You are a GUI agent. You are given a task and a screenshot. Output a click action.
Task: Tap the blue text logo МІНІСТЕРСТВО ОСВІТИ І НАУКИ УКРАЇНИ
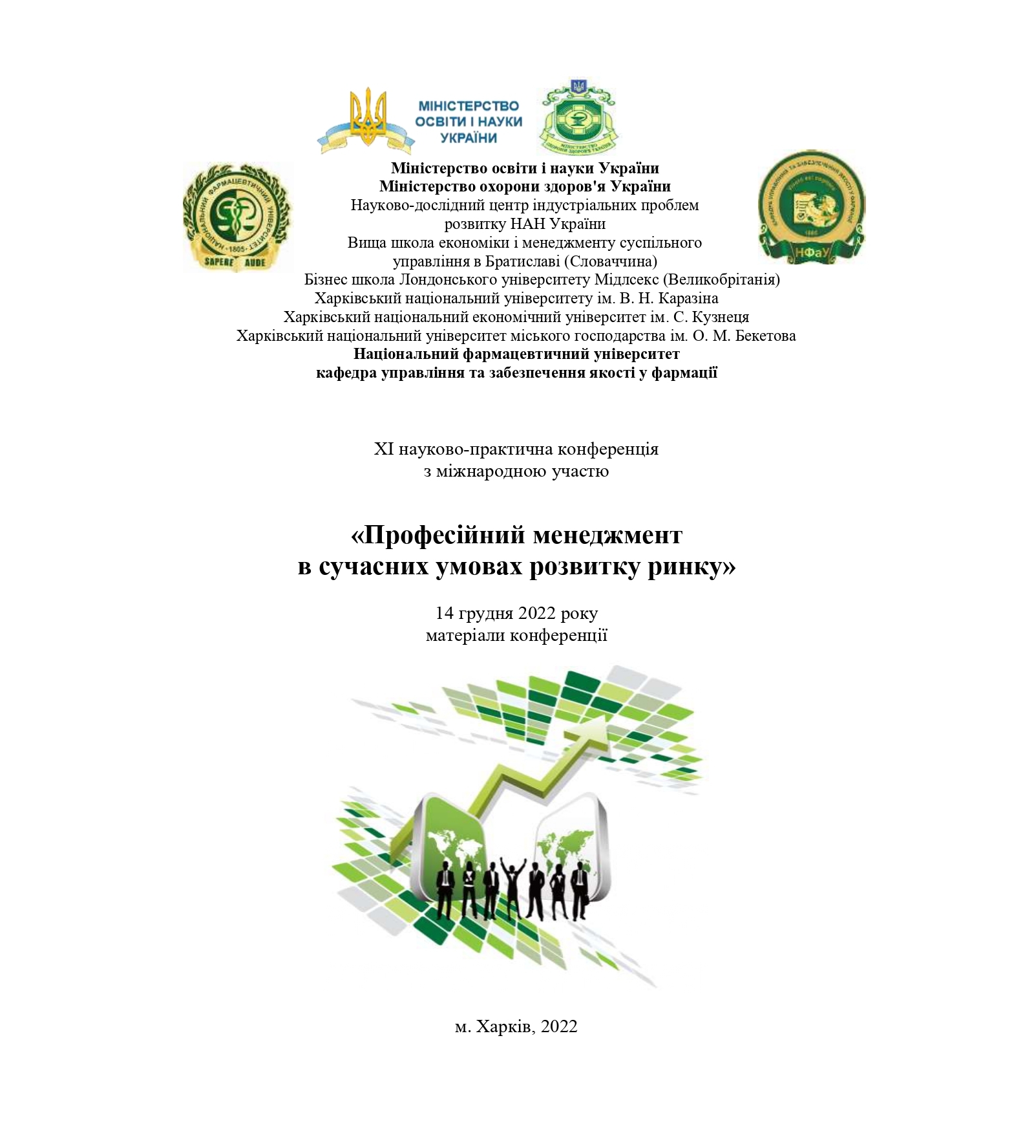click(469, 122)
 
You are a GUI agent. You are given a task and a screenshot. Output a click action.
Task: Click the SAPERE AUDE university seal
click(237, 217)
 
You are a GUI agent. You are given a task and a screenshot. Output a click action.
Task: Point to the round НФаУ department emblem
click(811, 207)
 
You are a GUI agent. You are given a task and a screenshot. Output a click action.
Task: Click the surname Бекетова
click(766, 336)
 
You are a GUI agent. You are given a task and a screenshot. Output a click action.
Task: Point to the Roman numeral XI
click(383, 449)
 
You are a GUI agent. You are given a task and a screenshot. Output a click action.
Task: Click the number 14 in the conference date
click(444, 613)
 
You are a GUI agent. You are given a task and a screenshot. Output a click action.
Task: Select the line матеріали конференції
click(516, 636)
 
